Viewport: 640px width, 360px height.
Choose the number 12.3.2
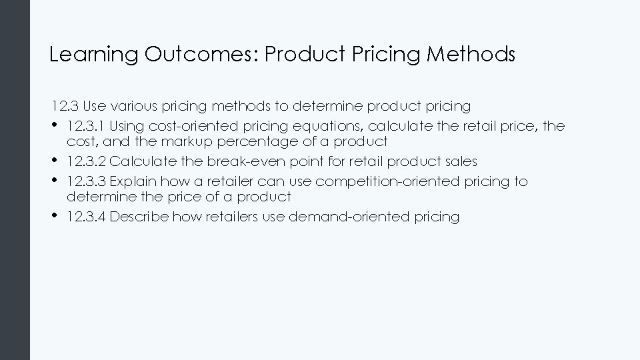point(87,162)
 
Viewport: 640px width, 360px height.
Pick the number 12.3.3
point(87,182)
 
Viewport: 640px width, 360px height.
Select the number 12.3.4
point(87,217)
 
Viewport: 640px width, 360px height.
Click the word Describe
point(137,217)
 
